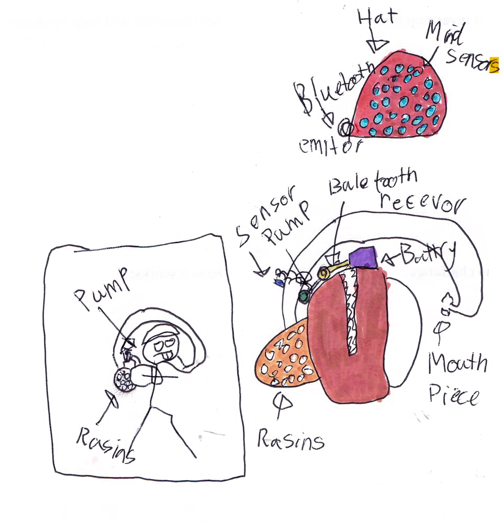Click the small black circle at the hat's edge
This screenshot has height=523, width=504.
[345, 126]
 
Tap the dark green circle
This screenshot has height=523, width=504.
[303, 297]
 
